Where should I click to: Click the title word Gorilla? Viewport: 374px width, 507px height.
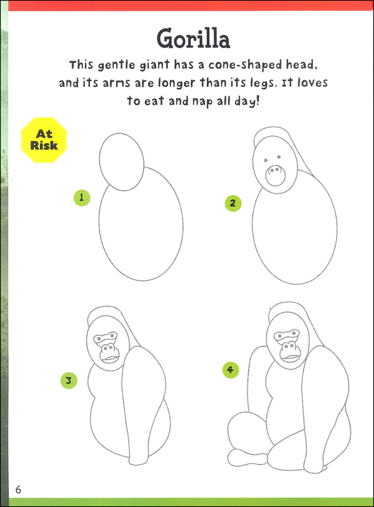pos(193,39)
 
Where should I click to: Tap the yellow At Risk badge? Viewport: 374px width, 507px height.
pos(44,139)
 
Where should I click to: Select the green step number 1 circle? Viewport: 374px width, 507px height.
pos(82,198)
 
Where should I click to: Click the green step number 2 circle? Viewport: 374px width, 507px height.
pos(233,203)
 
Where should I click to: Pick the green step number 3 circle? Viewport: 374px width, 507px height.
pos(69,380)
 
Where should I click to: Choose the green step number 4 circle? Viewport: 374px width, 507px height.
pos(231,370)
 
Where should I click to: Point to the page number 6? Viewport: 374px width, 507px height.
pos(18,489)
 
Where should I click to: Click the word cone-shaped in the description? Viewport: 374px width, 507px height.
pos(245,65)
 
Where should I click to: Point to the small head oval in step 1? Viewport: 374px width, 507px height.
pos(122,162)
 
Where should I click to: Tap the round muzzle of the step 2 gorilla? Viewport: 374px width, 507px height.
pos(275,176)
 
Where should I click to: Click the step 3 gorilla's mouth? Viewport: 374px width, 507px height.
pos(110,358)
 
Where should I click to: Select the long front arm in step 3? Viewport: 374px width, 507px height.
pos(144,404)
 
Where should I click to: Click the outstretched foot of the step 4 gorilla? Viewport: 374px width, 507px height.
pos(247,458)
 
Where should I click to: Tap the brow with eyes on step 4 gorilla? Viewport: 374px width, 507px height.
pos(287,335)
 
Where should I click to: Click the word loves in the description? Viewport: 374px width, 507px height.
pos(313,83)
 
